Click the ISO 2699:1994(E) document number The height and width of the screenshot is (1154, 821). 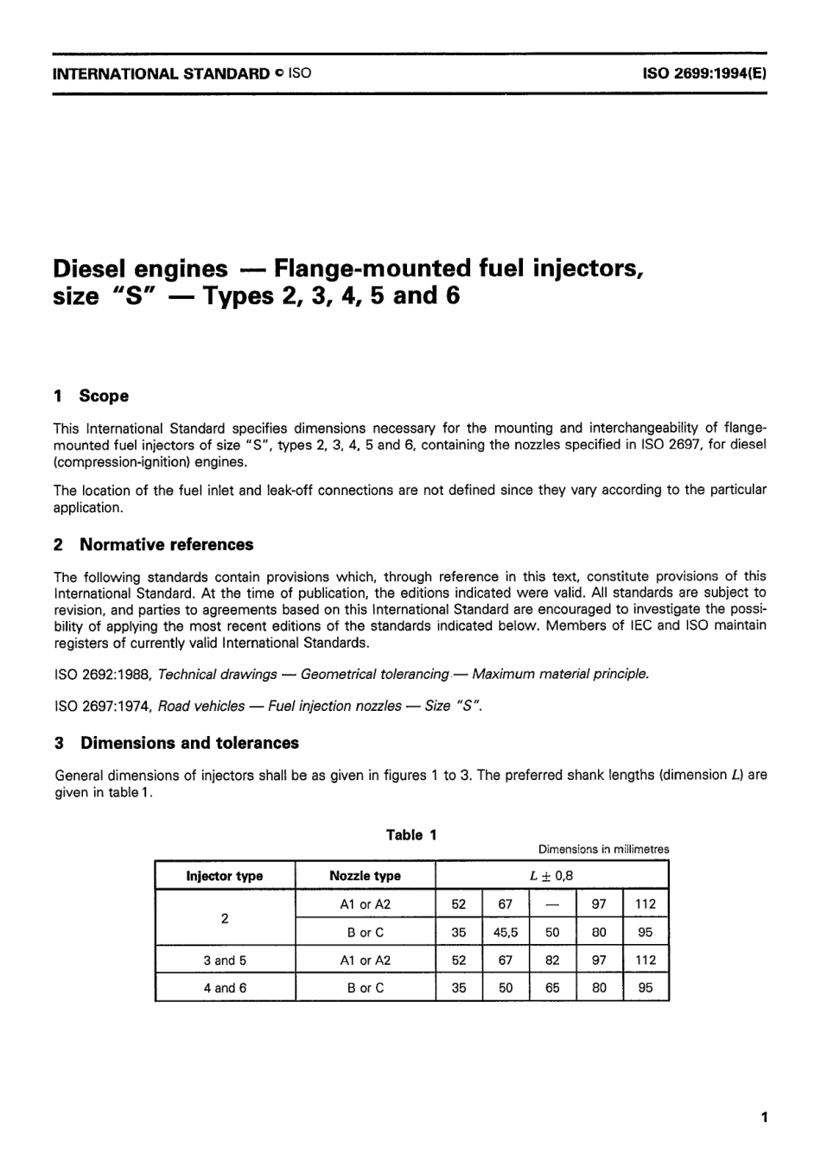click(x=703, y=73)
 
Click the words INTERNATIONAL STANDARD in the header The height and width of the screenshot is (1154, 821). click(x=161, y=73)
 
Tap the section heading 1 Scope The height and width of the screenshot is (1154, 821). click(x=91, y=396)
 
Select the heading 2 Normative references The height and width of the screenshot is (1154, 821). click(x=154, y=544)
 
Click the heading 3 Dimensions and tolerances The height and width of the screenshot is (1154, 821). click(x=176, y=743)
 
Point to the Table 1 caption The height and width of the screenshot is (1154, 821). click(x=411, y=834)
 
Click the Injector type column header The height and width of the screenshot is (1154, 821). click(x=225, y=876)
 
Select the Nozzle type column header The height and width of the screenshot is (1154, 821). click(x=365, y=876)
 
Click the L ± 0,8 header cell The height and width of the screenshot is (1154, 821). click(x=551, y=876)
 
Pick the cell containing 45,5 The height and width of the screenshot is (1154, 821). click(x=506, y=932)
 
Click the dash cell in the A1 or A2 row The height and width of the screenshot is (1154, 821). click(x=552, y=904)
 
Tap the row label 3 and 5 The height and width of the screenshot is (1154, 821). click(x=225, y=960)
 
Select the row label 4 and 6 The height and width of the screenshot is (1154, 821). click(x=225, y=987)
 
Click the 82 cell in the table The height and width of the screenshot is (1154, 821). click(x=552, y=960)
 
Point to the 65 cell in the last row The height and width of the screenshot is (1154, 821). click(x=552, y=987)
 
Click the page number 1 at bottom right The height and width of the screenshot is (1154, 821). click(x=764, y=1118)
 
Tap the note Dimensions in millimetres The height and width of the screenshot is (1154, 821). click(x=603, y=850)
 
